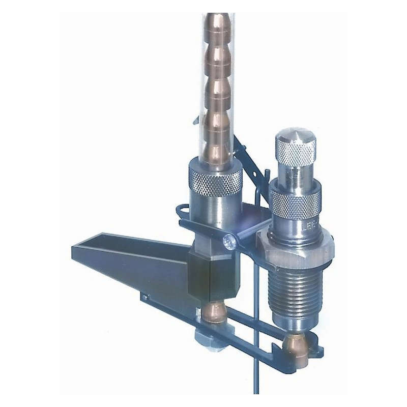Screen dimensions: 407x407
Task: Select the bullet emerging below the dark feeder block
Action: pos(214,312)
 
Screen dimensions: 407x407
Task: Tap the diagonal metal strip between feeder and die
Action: pos(249,163)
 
